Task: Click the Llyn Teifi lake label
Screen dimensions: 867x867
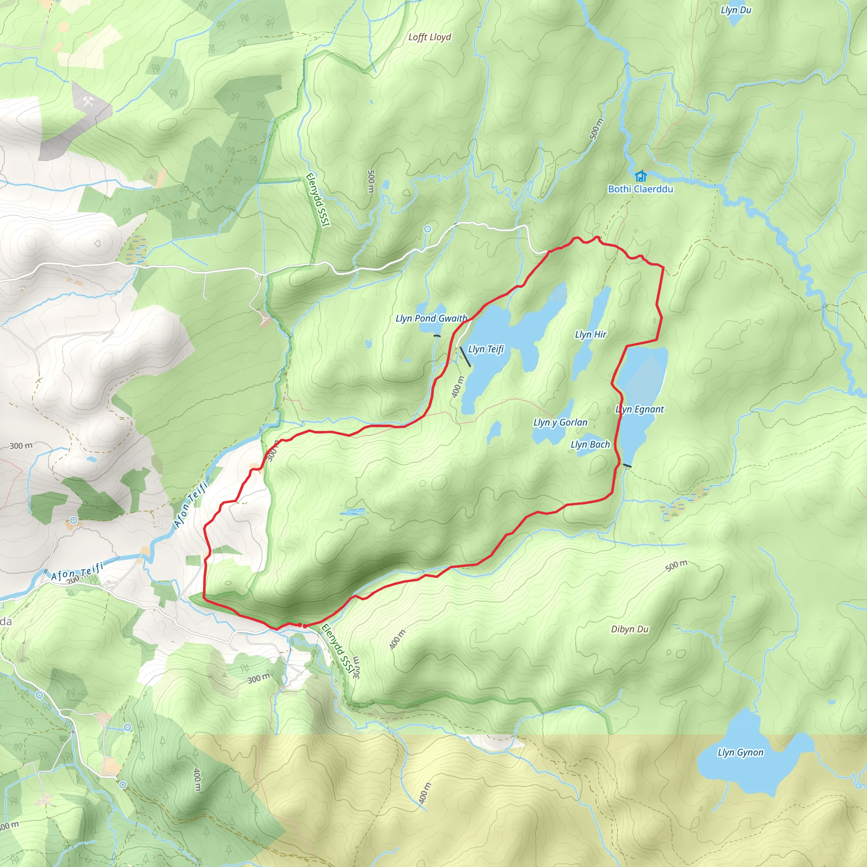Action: [x=486, y=349]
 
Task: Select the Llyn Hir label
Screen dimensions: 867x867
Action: [x=591, y=334]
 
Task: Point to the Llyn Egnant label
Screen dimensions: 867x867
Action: [x=640, y=409]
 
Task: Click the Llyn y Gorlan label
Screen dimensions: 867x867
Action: [x=560, y=422]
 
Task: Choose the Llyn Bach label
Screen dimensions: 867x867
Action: [x=590, y=444]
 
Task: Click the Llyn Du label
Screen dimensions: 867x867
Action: [x=736, y=10]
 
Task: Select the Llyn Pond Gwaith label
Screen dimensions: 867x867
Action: [x=431, y=318]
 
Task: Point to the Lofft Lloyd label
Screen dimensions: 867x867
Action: [x=429, y=37]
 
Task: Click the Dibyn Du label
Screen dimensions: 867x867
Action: [x=630, y=629]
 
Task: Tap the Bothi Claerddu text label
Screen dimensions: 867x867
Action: [x=641, y=189]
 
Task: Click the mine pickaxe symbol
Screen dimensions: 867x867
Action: [x=88, y=102]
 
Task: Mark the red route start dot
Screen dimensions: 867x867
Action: [x=304, y=626]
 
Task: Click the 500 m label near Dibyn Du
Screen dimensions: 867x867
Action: [x=676, y=566]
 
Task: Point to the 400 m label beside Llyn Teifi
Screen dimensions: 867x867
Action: [x=457, y=387]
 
